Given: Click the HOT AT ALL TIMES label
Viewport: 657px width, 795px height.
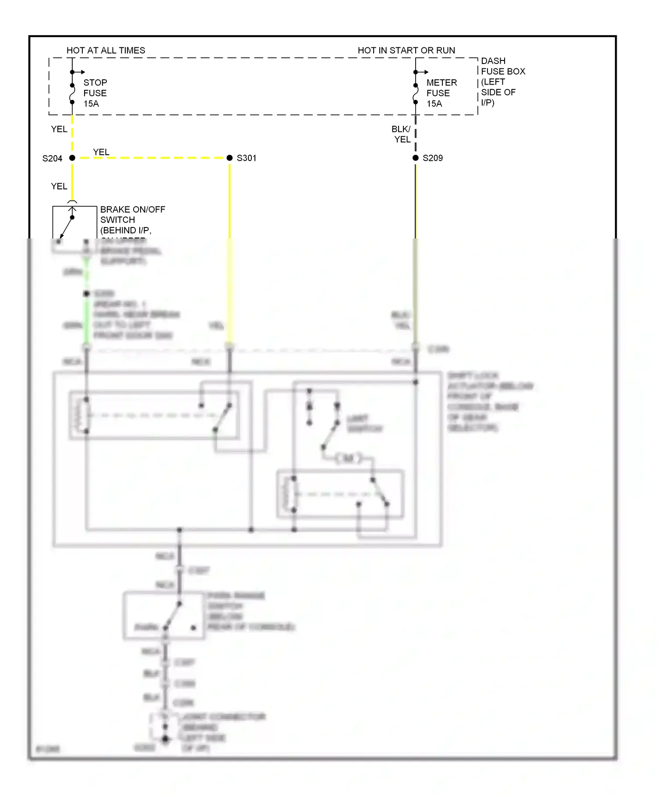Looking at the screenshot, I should (x=106, y=50).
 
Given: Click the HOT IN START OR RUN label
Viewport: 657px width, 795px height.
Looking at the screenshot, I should (x=406, y=50).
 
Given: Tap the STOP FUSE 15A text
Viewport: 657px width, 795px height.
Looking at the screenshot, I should (x=95, y=93).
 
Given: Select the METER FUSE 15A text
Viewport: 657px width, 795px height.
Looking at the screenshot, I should (x=441, y=93).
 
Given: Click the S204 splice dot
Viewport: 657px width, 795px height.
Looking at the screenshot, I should (x=72, y=158).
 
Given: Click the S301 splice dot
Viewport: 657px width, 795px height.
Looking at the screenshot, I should (x=230, y=158).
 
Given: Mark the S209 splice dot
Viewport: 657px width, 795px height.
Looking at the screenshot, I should (x=416, y=158).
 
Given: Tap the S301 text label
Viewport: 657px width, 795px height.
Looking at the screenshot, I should (x=246, y=158).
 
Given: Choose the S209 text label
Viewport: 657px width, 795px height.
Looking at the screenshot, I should (x=432, y=158).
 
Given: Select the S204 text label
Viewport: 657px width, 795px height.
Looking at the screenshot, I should (x=52, y=158).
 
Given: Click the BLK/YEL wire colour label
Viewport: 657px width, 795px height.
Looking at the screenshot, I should (x=401, y=134).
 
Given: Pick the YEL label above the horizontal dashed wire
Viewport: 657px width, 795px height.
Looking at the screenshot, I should (x=101, y=152).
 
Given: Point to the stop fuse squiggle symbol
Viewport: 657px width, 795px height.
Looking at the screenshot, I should (x=72, y=94).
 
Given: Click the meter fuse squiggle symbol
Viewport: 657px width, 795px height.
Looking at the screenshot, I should (x=416, y=94).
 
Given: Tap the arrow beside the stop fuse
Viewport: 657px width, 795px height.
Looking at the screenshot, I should (x=80, y=72).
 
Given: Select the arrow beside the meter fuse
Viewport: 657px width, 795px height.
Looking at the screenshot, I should (x=423, y=72).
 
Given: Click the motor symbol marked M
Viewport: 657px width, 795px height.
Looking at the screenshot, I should (x=349, y=458).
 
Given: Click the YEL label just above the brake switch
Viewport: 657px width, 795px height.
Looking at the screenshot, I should (x=59, y=186).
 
